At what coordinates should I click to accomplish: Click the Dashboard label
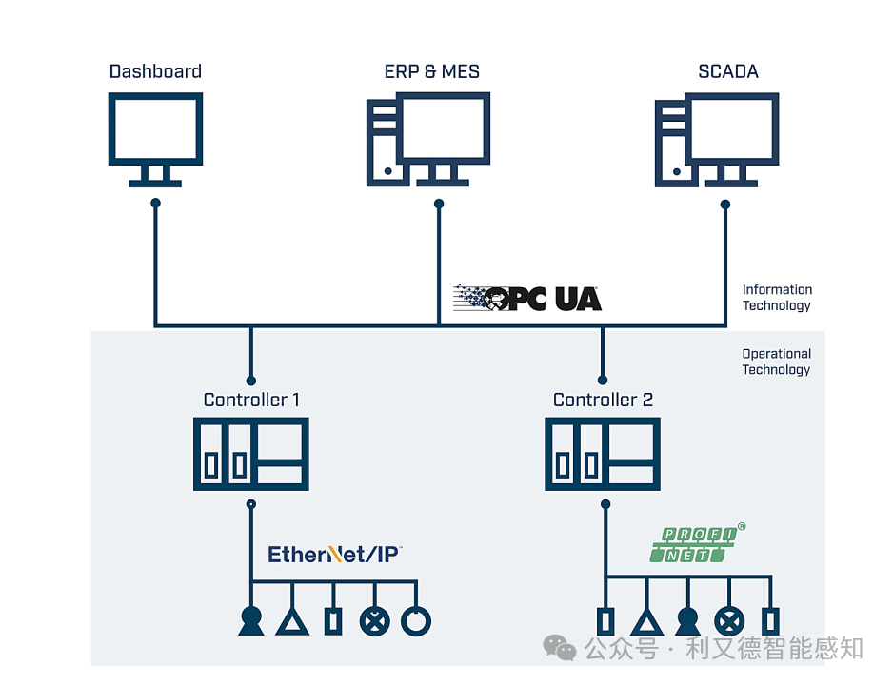click(x=155, y=71)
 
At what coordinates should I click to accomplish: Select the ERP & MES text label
click(x=431, y=71)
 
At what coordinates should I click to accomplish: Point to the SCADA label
click(x=728, y=71)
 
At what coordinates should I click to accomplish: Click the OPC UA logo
click(x=527, y=298)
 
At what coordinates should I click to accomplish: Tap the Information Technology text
click(x=777, y=298)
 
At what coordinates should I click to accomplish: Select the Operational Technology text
click(x=776, y=362)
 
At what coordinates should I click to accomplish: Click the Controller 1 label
click(x=251, y=400)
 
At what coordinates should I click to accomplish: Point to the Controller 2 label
click(x=603, y=400)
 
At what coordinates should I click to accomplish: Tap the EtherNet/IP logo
click(x=335, y=554)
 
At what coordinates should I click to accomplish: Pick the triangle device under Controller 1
click(x=292, y=622)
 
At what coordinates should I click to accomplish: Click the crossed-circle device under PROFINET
click(x=729, y=620)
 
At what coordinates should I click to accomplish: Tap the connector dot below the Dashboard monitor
click(x=155, y=203)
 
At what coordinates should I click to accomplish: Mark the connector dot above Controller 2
click(x=603, y=380)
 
